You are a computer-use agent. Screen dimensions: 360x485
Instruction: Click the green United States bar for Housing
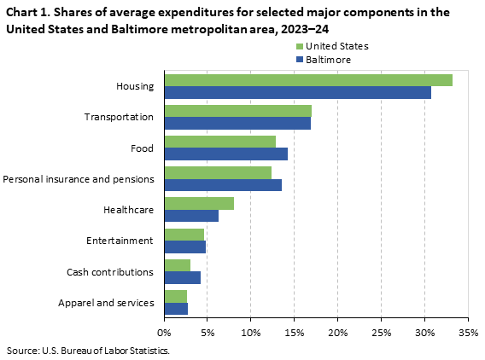(307, 80)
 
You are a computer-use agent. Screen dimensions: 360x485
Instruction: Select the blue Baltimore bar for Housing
(297, 92)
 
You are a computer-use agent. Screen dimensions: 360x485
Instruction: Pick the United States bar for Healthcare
(198, 203)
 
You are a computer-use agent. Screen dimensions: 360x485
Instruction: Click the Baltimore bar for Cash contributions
(182, 277)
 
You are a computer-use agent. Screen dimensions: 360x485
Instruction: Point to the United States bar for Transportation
(237, 111)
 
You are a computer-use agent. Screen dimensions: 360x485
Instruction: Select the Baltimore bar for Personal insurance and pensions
(222, 184)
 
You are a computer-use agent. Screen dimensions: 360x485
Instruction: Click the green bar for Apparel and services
(175, 295)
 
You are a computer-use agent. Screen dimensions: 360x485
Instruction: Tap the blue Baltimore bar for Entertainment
(184, 247)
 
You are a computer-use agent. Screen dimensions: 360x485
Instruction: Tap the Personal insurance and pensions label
(79, 179)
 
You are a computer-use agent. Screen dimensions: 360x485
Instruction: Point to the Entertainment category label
(120, 241)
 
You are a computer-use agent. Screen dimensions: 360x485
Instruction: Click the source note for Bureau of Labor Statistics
(88, 351)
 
